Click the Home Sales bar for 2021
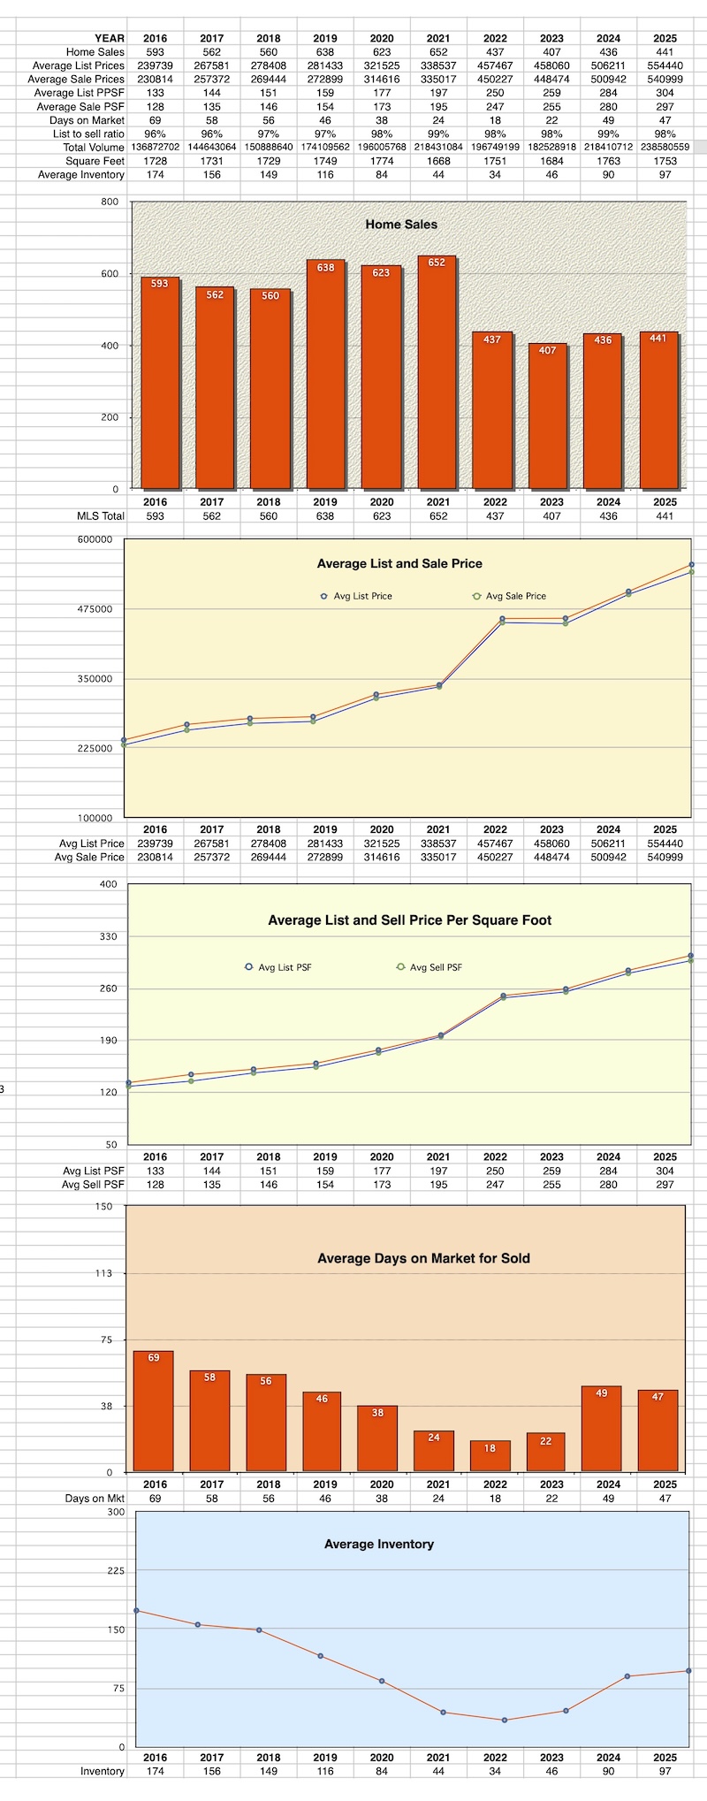point(437,371)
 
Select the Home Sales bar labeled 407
point(548,416)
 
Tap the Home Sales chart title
point(401,225)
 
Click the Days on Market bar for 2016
point(154,1411)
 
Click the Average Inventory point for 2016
point(136,1610)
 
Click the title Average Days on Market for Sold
point(423,1258)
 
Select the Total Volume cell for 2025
point(665,148)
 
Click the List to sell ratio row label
point(88,134)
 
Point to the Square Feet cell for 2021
point(438,161)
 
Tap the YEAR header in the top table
point(110,38)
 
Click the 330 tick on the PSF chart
point(107,935)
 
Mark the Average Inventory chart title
point(378,1544)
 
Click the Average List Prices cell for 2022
point(495,65)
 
